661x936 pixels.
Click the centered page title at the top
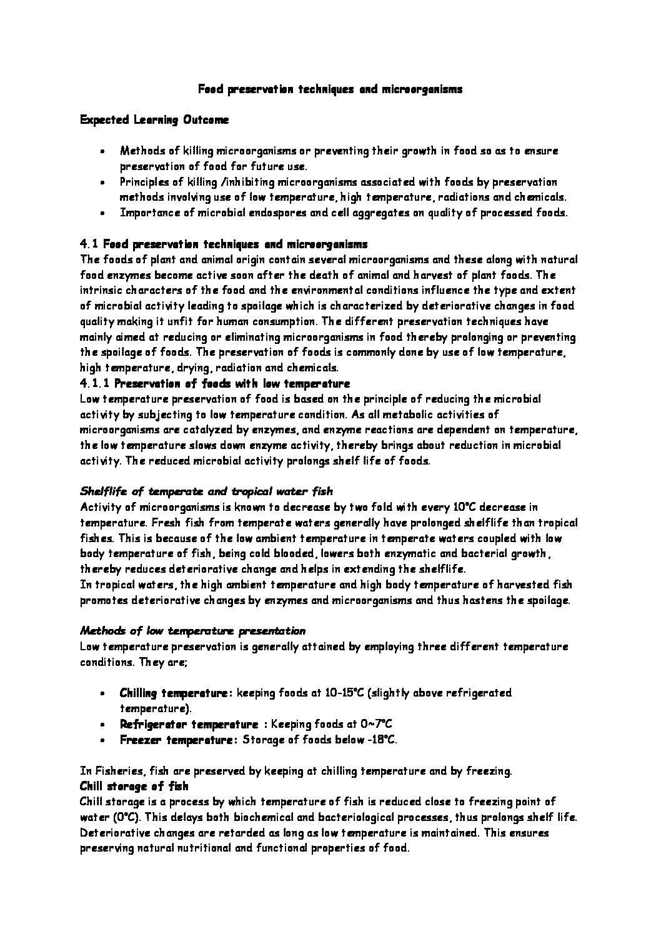330,89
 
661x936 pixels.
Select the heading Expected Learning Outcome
154,120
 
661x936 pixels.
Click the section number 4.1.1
95,383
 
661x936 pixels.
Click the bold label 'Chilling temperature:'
176,693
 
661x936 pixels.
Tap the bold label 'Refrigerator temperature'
189,724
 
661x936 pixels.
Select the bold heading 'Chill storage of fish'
134,786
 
